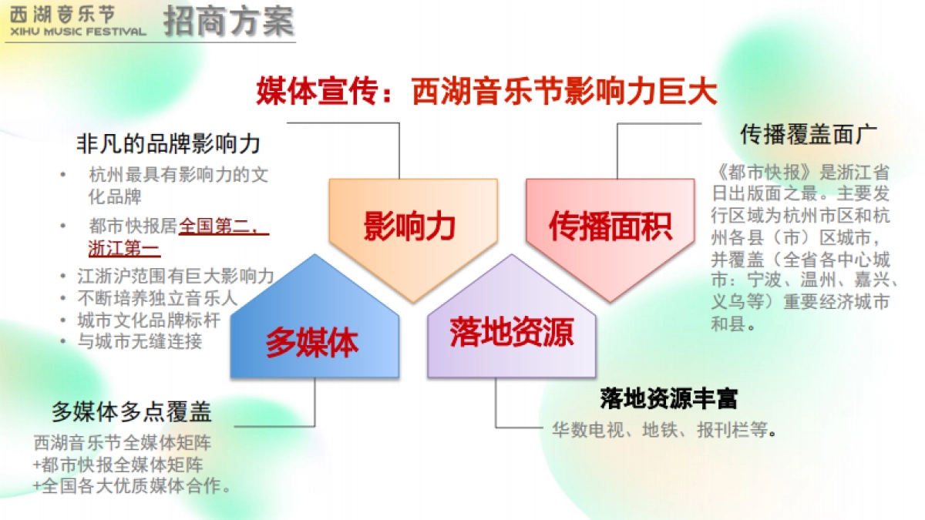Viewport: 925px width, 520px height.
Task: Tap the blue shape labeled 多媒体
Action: point(313,341)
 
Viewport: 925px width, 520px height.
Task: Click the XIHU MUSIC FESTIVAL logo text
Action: point(75,32)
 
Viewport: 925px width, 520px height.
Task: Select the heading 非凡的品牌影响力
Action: point(168,143)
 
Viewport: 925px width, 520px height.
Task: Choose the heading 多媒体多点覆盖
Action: point(132,411)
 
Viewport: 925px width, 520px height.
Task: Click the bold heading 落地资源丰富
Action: point(668,398)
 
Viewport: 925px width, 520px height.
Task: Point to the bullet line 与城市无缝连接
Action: point(140,341)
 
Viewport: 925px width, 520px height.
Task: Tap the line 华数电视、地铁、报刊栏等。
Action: point(663,430)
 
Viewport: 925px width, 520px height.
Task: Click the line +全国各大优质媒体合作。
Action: point(133,486)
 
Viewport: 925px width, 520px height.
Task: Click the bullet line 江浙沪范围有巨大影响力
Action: point(175,276)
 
